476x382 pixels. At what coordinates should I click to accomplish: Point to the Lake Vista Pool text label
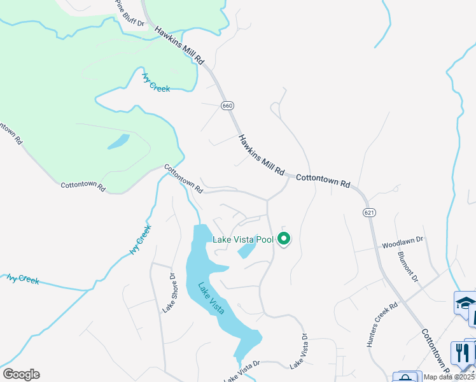tap(242, 239)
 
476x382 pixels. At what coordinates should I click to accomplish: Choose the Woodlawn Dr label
tap(402, 243)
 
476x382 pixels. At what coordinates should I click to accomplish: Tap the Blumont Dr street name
tap(407, 266)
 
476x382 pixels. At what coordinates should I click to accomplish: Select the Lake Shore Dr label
tap(169, 293)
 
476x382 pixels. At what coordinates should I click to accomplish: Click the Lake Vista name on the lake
tap(211, 298)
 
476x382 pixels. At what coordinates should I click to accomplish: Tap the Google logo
tap(21, 374)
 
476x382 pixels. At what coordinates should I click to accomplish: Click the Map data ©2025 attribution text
tap(448, 377)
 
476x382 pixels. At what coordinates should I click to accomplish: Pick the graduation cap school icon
tap(465, 302)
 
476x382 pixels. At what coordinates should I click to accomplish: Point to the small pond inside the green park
tap(118, 141)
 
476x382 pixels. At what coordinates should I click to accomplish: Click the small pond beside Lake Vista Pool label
tap(246, 251)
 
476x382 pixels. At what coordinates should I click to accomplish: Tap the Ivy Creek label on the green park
tap(156, 83)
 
